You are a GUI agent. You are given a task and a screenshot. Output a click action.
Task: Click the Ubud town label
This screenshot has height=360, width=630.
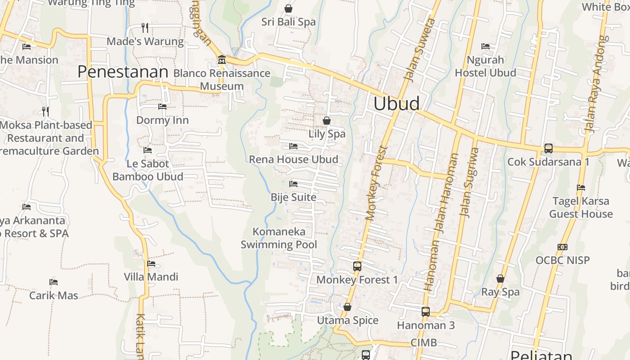396,103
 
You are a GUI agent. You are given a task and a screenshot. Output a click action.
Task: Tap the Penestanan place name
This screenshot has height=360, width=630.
123,72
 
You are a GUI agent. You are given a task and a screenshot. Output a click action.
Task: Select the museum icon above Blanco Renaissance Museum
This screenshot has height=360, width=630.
221,60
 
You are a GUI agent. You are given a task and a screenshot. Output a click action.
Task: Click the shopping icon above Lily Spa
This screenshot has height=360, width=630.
327,121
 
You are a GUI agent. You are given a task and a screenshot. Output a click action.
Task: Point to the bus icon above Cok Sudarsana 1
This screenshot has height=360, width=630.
548,148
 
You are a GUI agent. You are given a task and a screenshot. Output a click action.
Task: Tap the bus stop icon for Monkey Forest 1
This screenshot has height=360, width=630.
357,266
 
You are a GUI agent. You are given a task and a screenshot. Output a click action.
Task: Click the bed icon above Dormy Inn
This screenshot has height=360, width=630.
162,107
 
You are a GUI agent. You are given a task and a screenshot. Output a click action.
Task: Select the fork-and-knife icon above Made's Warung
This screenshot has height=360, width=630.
145,28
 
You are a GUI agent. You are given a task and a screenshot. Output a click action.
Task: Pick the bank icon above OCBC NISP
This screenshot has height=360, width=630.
562,247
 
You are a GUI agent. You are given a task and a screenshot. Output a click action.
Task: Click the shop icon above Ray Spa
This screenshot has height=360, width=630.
500,279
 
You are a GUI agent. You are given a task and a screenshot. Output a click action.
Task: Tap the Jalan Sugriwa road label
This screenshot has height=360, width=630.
469,182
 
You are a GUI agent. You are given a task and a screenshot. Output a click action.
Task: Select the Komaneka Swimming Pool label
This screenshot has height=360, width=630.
279,238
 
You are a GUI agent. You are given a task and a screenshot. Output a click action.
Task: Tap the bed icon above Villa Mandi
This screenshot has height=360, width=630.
151,264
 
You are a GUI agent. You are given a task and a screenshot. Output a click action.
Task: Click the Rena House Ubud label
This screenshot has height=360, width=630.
293,159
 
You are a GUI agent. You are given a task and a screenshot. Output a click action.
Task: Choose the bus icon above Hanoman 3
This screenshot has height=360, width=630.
425,311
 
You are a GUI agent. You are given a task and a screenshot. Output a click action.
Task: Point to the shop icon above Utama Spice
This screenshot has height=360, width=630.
347,307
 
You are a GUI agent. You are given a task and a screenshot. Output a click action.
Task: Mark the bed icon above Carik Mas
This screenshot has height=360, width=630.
54,283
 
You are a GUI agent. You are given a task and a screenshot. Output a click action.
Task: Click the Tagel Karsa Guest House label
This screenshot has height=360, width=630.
580,207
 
